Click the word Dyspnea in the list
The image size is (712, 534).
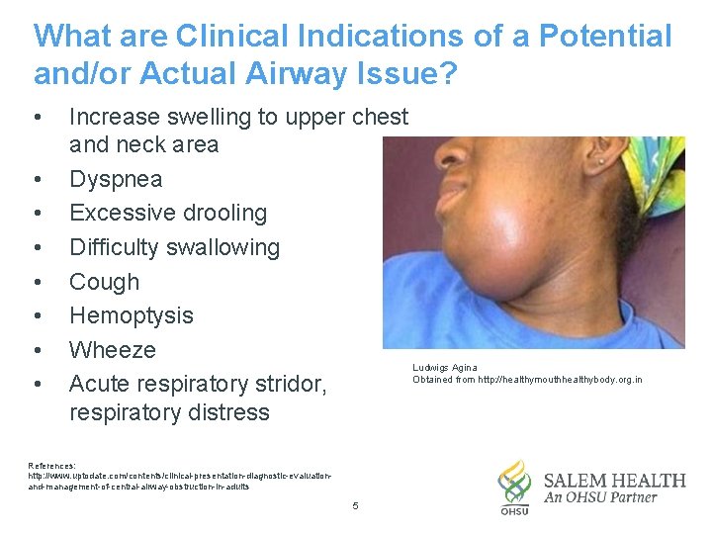coord(116,179)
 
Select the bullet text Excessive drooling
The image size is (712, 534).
coord(168,213)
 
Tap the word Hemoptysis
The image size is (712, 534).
coord(132,315)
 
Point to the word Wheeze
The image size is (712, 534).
coord(113,350)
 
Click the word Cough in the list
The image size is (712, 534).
coord(104,282)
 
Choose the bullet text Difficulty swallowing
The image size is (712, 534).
coord(174,247)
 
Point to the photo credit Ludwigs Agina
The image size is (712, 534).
coord(445,368)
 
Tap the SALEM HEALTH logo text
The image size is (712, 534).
coord(614,481)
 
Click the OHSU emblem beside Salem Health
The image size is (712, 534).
coord(514,486)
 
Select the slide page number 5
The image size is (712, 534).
coord(355,507)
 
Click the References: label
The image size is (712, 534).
coord(52,465)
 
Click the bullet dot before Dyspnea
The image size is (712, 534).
coord(38,179)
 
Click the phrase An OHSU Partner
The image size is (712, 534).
coord(600,498)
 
